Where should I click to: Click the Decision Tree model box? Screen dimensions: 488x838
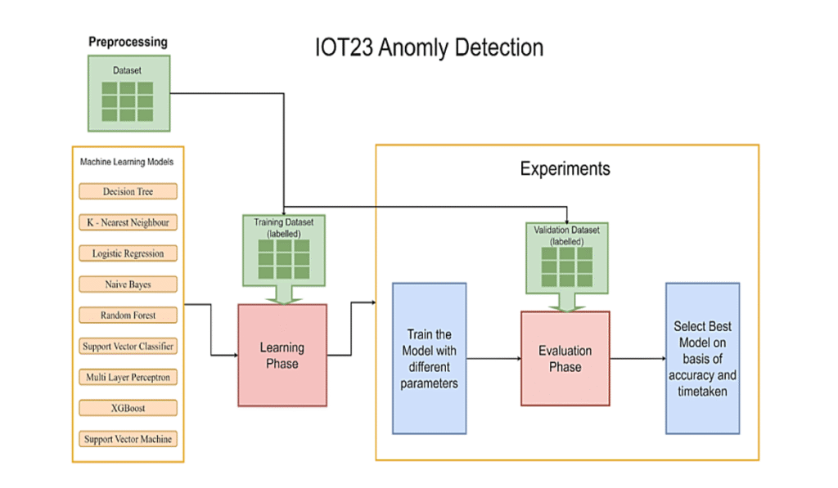(x=128, y=191)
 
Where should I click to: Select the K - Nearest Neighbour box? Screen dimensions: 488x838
(x=128, y=222)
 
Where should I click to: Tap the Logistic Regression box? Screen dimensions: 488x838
(x=128, y=253)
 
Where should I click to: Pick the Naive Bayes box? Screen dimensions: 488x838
(x=128, y=284)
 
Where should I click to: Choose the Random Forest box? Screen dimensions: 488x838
(x=128, y=315)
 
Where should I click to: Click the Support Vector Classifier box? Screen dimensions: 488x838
(x=128, y=346)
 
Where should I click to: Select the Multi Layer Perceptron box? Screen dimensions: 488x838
(x=128, y=377)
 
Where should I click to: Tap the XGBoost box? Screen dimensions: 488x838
(x=128, y=408)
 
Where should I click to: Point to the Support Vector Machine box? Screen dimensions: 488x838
(x=128, y=439)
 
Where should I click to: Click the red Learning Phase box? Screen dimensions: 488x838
(x=282, y=355)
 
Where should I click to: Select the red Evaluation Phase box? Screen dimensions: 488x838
(x=565, y=358)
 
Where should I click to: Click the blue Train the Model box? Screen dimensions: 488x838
(x=429, y=358)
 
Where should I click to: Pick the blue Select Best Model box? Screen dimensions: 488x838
(x=702, y=358)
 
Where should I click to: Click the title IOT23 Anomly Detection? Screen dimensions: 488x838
(x=429, y=47)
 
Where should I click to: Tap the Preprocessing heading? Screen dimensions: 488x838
(x=128, y=42)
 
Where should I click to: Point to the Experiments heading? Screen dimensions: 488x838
(x=565, y=169)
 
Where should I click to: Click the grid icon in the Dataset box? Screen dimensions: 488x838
(x=128, y=101)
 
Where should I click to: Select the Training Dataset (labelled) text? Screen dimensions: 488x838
(x=284, y=226)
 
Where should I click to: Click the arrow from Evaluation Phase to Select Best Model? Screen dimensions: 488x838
(x=638, y=358)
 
